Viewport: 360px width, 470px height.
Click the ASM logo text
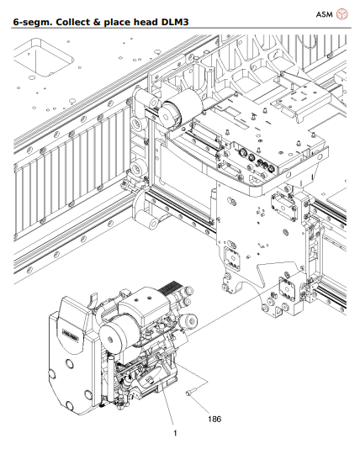[x=323, y=14]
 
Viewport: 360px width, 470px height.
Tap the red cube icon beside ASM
[x=343, y=14]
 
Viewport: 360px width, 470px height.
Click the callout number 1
[x=175, y=433]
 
